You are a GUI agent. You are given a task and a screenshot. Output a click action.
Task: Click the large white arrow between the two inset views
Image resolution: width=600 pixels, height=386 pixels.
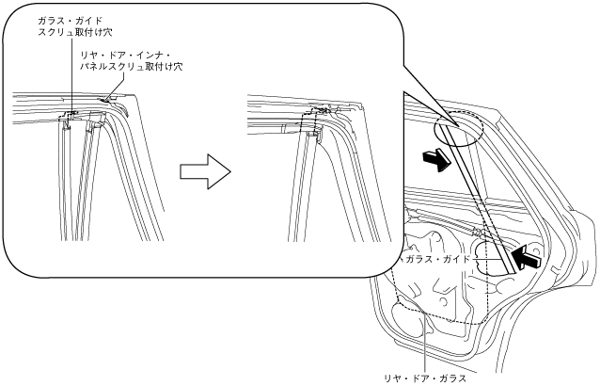point(204,171)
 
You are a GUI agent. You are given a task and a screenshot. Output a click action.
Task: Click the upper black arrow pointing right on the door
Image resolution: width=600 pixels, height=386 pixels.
point(434,160)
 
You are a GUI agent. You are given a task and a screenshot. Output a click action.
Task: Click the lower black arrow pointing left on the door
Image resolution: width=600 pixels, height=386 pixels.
point(528,255)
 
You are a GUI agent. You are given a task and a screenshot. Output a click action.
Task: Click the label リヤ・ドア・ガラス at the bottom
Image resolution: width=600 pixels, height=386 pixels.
point(424,377)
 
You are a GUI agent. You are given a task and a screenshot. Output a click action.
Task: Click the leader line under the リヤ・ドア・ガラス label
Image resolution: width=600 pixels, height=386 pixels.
point(424,348)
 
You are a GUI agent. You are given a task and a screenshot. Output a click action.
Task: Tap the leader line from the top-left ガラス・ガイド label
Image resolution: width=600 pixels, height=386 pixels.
point(71,75)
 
